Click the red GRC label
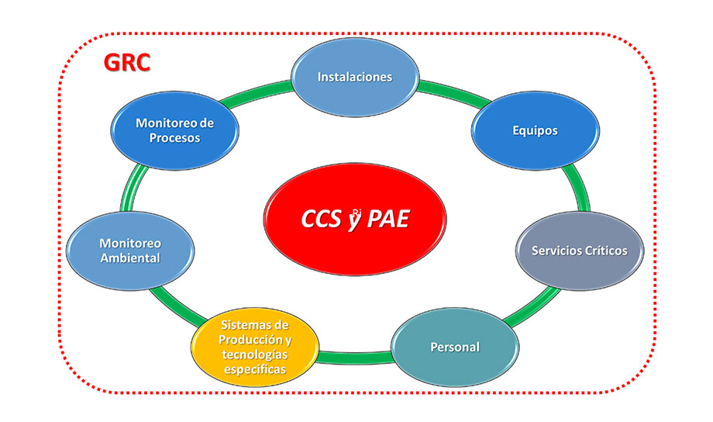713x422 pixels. click(x=127, y=62)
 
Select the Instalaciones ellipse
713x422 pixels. click(x=356, y=78)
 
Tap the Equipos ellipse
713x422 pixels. click(x=535, y=130)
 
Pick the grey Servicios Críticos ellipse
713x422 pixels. click(x=579, y=251)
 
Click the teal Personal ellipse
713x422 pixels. click(x=455, y=347)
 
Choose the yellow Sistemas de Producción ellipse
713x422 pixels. click(x=255, y=347)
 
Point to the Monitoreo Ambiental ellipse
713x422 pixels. click(x=130, y=251)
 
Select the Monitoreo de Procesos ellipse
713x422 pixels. click(x=174, y=130)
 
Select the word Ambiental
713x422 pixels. click(x=130, y=258)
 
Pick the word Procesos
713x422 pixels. click(x=174, y=138)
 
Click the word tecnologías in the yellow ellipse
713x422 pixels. click(x=255, y=355)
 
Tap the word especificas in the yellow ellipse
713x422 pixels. click(x=255, y=368)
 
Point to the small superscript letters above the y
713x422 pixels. click(x=356, y=210)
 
